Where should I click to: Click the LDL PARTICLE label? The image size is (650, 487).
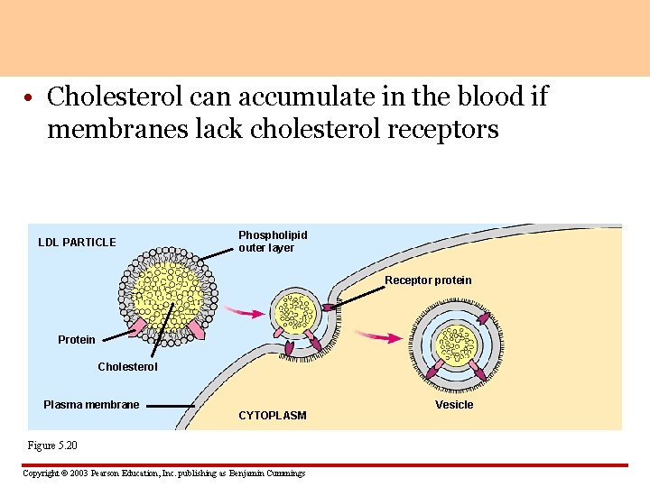coord(77,242)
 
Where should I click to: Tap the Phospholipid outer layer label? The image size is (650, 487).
coord(273,241)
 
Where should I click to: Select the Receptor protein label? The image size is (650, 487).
coord(428,280)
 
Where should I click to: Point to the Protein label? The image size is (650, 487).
coord(76,340)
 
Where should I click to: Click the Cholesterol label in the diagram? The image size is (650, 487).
coord(127,367)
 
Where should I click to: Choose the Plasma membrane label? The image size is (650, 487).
coord(91,405)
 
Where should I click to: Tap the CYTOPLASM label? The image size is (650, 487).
coord(272,416)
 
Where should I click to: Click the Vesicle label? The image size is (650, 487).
coord(454,405)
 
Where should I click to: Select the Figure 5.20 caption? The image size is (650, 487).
coord(53,446)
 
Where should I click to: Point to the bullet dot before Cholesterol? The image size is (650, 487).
coord(31,96)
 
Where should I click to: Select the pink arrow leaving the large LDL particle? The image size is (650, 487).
coord(240,311)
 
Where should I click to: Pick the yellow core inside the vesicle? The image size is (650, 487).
coord(457,343)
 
